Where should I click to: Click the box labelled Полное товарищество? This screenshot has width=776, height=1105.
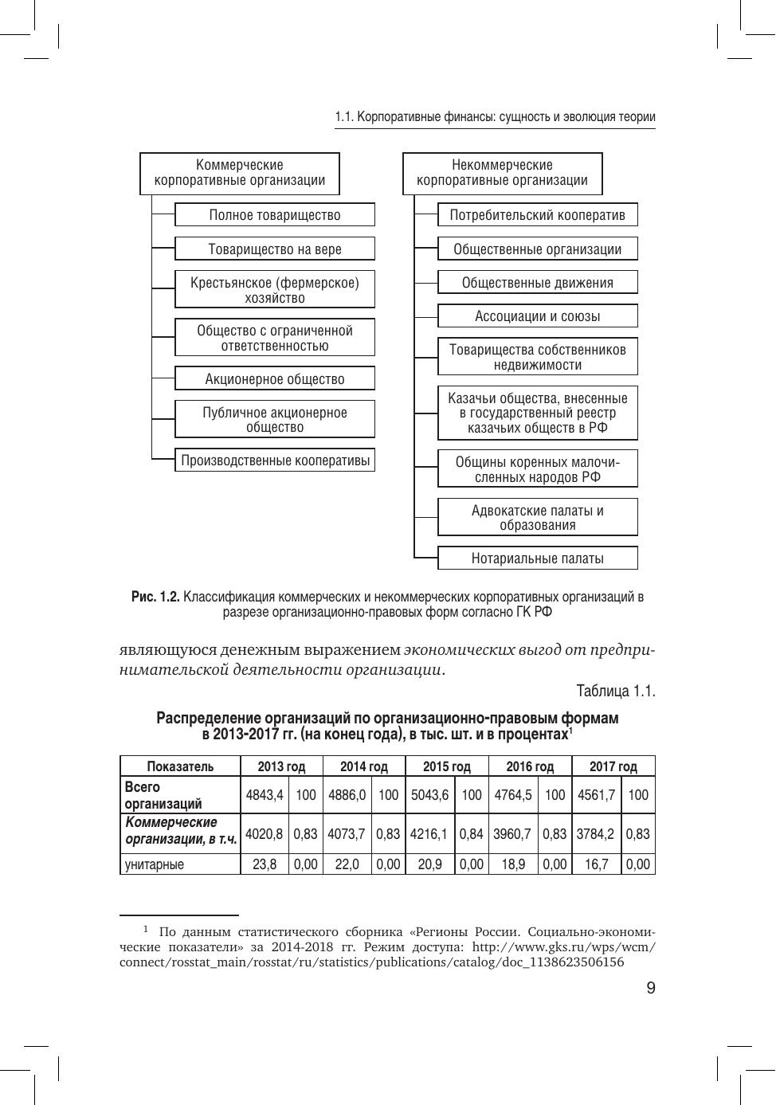[275, 215]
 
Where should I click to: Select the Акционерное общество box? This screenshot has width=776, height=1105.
[275, 379]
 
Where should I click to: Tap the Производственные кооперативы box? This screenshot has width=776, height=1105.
[275, 460]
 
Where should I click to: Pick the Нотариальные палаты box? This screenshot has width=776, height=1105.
[538, 558]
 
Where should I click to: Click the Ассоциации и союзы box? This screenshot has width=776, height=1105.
[538, 316]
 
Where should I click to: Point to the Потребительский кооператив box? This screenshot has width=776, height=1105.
[538, 215]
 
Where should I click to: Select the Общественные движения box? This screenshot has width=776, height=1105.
[538, 283]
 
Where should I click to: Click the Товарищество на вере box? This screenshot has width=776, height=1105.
[275, 249]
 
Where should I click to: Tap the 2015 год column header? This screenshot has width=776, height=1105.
[447, 766]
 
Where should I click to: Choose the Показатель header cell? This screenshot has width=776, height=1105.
[180, 766]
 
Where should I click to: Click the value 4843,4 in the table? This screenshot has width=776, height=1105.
[265, 795]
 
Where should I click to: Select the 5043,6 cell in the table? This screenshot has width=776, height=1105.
[429, 795]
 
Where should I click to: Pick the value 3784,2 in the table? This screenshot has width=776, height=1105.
[596, 834]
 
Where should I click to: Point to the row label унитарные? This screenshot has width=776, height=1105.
[155, 864]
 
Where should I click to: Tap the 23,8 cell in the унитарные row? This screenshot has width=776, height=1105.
[265, 864]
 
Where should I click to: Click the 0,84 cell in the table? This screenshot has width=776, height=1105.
[472, 834]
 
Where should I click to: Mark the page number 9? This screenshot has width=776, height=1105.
[651, 989]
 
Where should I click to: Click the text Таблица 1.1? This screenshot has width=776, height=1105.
[616, 692]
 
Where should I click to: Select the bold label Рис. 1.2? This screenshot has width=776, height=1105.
[155, 597]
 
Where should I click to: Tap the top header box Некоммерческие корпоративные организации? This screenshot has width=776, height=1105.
[502, 173]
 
